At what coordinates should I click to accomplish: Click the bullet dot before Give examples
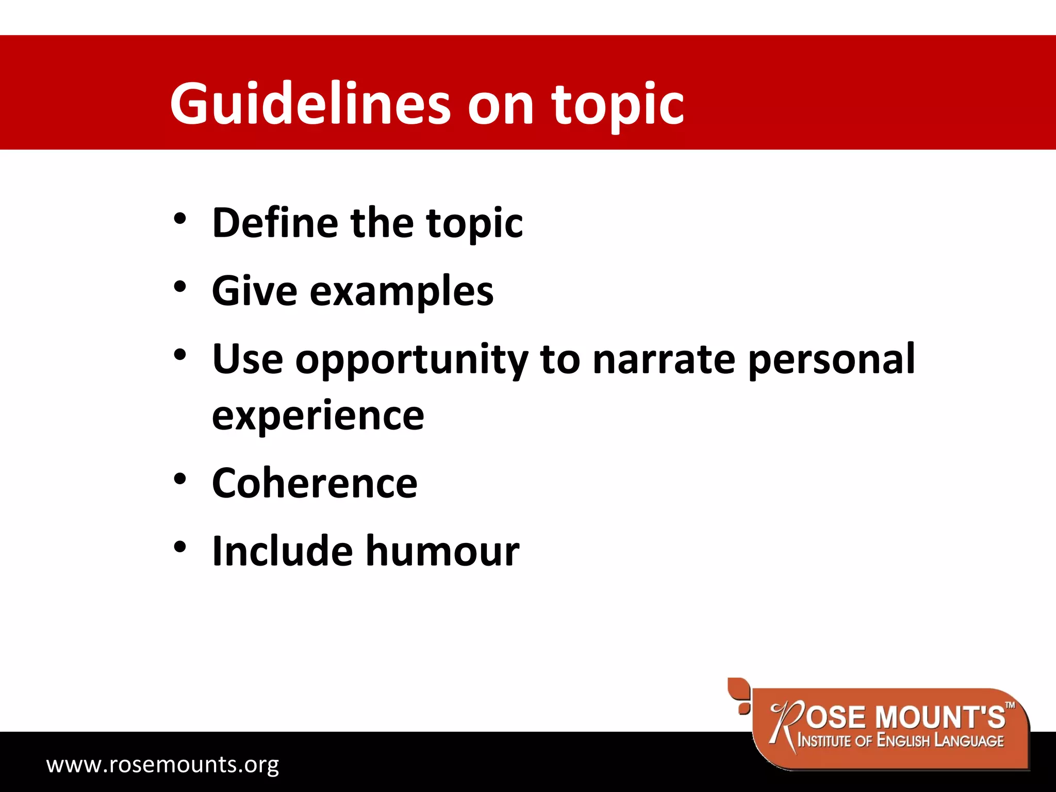(179, 287)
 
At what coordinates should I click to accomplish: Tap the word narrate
(664, 359)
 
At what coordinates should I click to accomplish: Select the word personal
(831, 359)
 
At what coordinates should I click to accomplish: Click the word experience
(318, 416)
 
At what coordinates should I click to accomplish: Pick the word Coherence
(315, 483)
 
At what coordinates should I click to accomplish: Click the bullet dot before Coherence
(179, 480)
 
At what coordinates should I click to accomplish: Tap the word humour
(442, 551)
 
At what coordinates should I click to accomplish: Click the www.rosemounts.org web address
(162, 764)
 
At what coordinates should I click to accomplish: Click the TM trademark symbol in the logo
(1011, 705)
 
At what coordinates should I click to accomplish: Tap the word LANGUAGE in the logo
(969, 741)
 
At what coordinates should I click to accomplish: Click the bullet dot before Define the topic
(179, 219)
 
